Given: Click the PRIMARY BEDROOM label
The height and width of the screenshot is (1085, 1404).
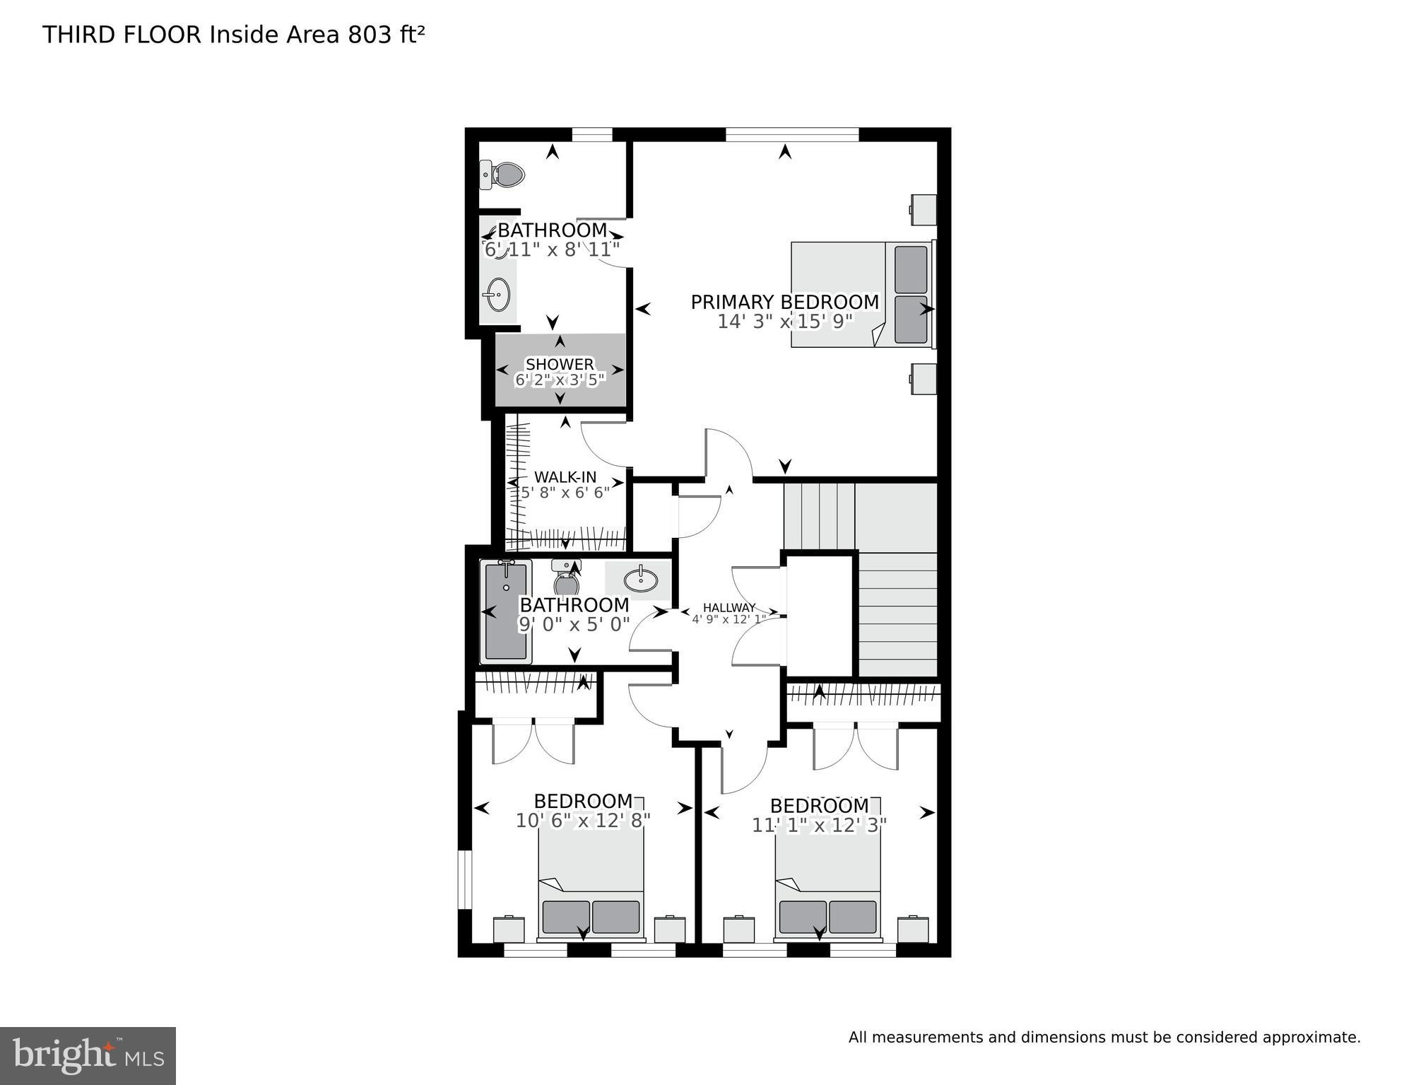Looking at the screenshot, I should pos(784,302).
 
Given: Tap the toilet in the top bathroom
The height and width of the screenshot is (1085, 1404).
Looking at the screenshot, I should pos(503,175).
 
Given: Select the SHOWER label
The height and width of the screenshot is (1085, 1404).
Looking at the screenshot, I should pos(560,363).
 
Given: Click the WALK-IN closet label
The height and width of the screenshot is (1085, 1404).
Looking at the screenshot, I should pos(565,477).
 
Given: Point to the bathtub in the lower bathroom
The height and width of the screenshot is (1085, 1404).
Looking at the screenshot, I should pos(505,611).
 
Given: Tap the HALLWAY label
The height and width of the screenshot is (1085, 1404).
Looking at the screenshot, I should pos(728,607).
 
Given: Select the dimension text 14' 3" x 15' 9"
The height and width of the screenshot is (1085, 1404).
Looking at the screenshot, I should pos(785,322).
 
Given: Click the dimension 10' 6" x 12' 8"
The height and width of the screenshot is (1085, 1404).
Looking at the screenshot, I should pos(583,821).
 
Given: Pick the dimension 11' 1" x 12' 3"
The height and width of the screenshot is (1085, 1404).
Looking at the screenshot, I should pos(819,825).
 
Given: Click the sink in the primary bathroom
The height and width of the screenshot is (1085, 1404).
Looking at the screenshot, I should pos(497,294).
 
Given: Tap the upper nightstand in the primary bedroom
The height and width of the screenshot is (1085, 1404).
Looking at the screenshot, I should pos(923,209).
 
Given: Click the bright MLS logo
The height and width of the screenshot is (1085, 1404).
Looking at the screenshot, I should pos(88,1055).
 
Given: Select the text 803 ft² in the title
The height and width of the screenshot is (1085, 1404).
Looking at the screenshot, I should pos(386,35).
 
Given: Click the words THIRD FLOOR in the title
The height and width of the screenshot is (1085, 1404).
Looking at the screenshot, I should pos(122,35).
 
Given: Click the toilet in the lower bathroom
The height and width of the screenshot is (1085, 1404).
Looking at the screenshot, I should pos(566,578).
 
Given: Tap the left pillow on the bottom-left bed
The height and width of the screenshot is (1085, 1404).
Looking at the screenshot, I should pos(565,917).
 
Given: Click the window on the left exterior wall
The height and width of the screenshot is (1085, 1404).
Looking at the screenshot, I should pos(464,879).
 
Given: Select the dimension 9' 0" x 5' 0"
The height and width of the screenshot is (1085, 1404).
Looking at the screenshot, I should pos(574,625).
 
